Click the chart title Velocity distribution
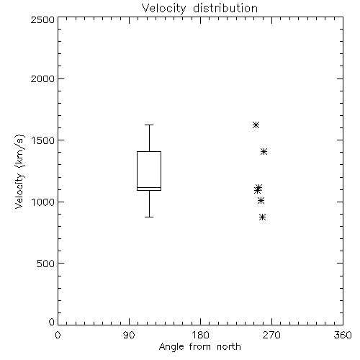[199, 9]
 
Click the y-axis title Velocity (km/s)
[19, 171]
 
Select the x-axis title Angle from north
[200, 347]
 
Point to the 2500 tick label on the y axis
[42, 19]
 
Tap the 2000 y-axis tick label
[42, 78]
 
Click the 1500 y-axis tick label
[43, 140]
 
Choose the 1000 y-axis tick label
[43, 202]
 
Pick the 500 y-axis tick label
[46, 264]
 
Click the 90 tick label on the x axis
[129, 335]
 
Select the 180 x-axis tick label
[200, 335]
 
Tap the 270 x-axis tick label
[271, 335]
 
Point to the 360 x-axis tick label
[343, 335]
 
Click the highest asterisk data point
[256, 125]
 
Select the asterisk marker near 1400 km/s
[264, 152]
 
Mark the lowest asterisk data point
[263, 217]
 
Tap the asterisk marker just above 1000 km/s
[261, 200]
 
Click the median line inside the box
[149, 187]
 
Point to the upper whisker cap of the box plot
[149, 125]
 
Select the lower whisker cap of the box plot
[149, 217]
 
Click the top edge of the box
[149, 151]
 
